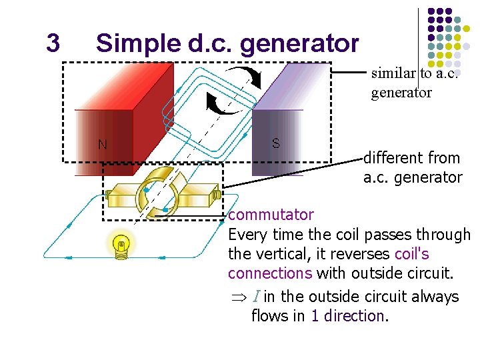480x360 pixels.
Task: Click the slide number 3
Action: tap(53, 43)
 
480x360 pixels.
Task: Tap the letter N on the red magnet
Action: tap(102, 145)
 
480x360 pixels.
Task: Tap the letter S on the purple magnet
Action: tap(275, 143)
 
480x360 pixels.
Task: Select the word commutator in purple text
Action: tap(271, 215)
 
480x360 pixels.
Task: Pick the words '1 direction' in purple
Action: tap(347, 315)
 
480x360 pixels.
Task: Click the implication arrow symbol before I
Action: tap(237, 297)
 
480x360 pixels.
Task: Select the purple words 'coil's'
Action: tap(411, 254)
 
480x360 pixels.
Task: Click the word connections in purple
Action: tap(269, 273)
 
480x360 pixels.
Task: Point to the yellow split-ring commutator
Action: tap(157, 193)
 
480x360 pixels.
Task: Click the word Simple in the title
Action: tap(137, 44)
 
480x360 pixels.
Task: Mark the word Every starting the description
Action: tap(249, 235)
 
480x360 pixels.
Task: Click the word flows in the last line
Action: tap(269, 315)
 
